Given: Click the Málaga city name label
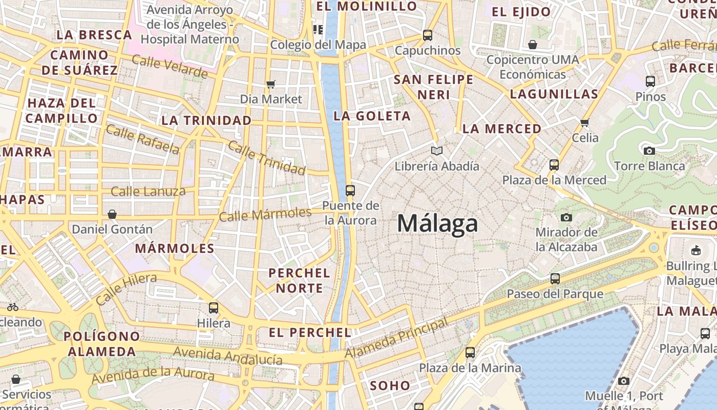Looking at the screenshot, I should point(437,223).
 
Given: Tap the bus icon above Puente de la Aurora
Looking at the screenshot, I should point(350,191).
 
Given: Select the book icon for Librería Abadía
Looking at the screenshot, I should point(436,151).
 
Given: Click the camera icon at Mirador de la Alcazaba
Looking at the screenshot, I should point(566,217).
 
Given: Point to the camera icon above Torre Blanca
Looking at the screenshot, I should point(649,151).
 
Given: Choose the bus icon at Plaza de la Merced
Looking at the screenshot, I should point(554,165).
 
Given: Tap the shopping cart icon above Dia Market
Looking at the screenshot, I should point(271,84).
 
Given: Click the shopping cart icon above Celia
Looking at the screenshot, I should point(584,122).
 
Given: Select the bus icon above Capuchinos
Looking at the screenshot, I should point(427,35).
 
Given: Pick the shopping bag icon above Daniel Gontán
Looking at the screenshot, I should point(112,214).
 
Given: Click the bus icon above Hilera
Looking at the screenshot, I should point(214,308).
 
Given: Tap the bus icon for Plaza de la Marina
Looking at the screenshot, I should point(470,353).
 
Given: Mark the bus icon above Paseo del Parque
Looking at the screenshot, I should point(555,279).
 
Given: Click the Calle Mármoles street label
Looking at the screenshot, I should point(265,214).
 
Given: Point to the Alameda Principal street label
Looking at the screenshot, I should point(396,338).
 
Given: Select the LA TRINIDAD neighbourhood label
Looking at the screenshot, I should point(206,120).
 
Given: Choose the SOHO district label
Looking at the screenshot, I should point(390,385).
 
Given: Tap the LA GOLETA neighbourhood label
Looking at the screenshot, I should point(372,116).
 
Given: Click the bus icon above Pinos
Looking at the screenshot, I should point(650,81).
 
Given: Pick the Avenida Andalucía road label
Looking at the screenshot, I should point(227,355).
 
